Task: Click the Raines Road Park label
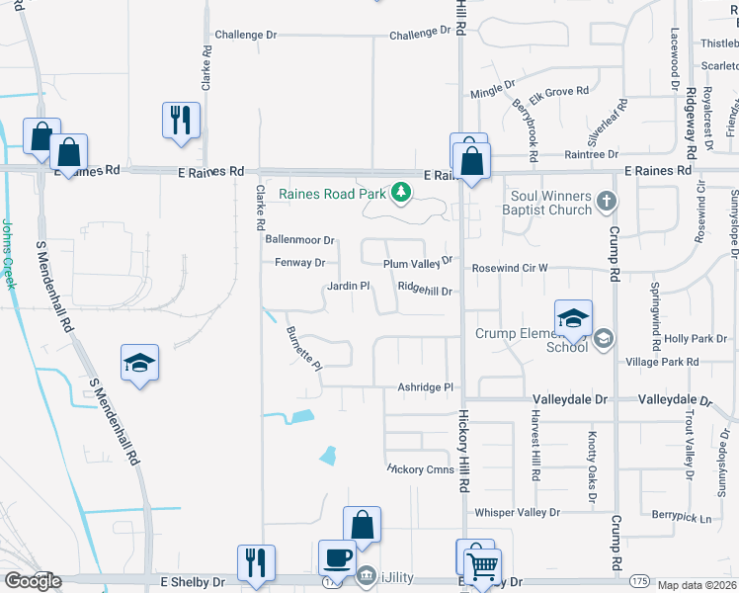[x=331, y=194]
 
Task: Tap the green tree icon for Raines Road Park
[x=401, y=192]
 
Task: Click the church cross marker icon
[x=607, y=204]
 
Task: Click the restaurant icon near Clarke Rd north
[x=181, y=120]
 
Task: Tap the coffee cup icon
[x=337, y=557]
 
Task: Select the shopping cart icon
[x=482, y=566]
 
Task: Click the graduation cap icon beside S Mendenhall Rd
[x=139, y=363]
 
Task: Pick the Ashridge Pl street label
[x=424, y=388]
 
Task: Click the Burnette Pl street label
[x=304, y=349]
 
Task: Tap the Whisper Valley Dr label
[x=517, y=513]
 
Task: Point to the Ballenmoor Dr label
[x=300, y=240]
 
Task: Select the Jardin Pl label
[x=348, y=287]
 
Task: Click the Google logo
[x=33, y=581]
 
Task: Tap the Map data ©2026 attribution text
[x=697, y=585]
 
